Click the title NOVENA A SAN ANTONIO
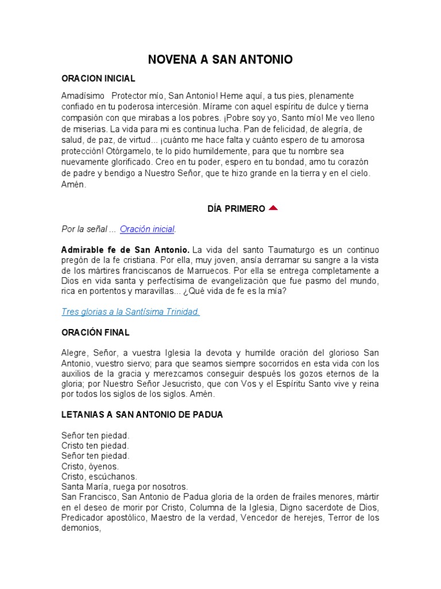(x=220, y=60)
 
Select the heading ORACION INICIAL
(x=98, y=78)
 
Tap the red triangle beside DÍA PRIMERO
(x=273, y=208)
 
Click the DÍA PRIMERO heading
(x=236, y=209)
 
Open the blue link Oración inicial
(x=147, y=229)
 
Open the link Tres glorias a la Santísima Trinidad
(x=130, y=312)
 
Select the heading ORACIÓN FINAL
(x=95, y=332)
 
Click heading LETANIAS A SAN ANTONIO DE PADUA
(x=142, y=414)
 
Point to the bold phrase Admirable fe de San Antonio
(x=126, y=250)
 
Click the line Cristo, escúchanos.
(x=99, y=477)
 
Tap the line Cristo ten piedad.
(x=95, y=446)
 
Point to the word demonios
(x=80, y=529)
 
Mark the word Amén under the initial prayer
(x=73, y=184)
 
